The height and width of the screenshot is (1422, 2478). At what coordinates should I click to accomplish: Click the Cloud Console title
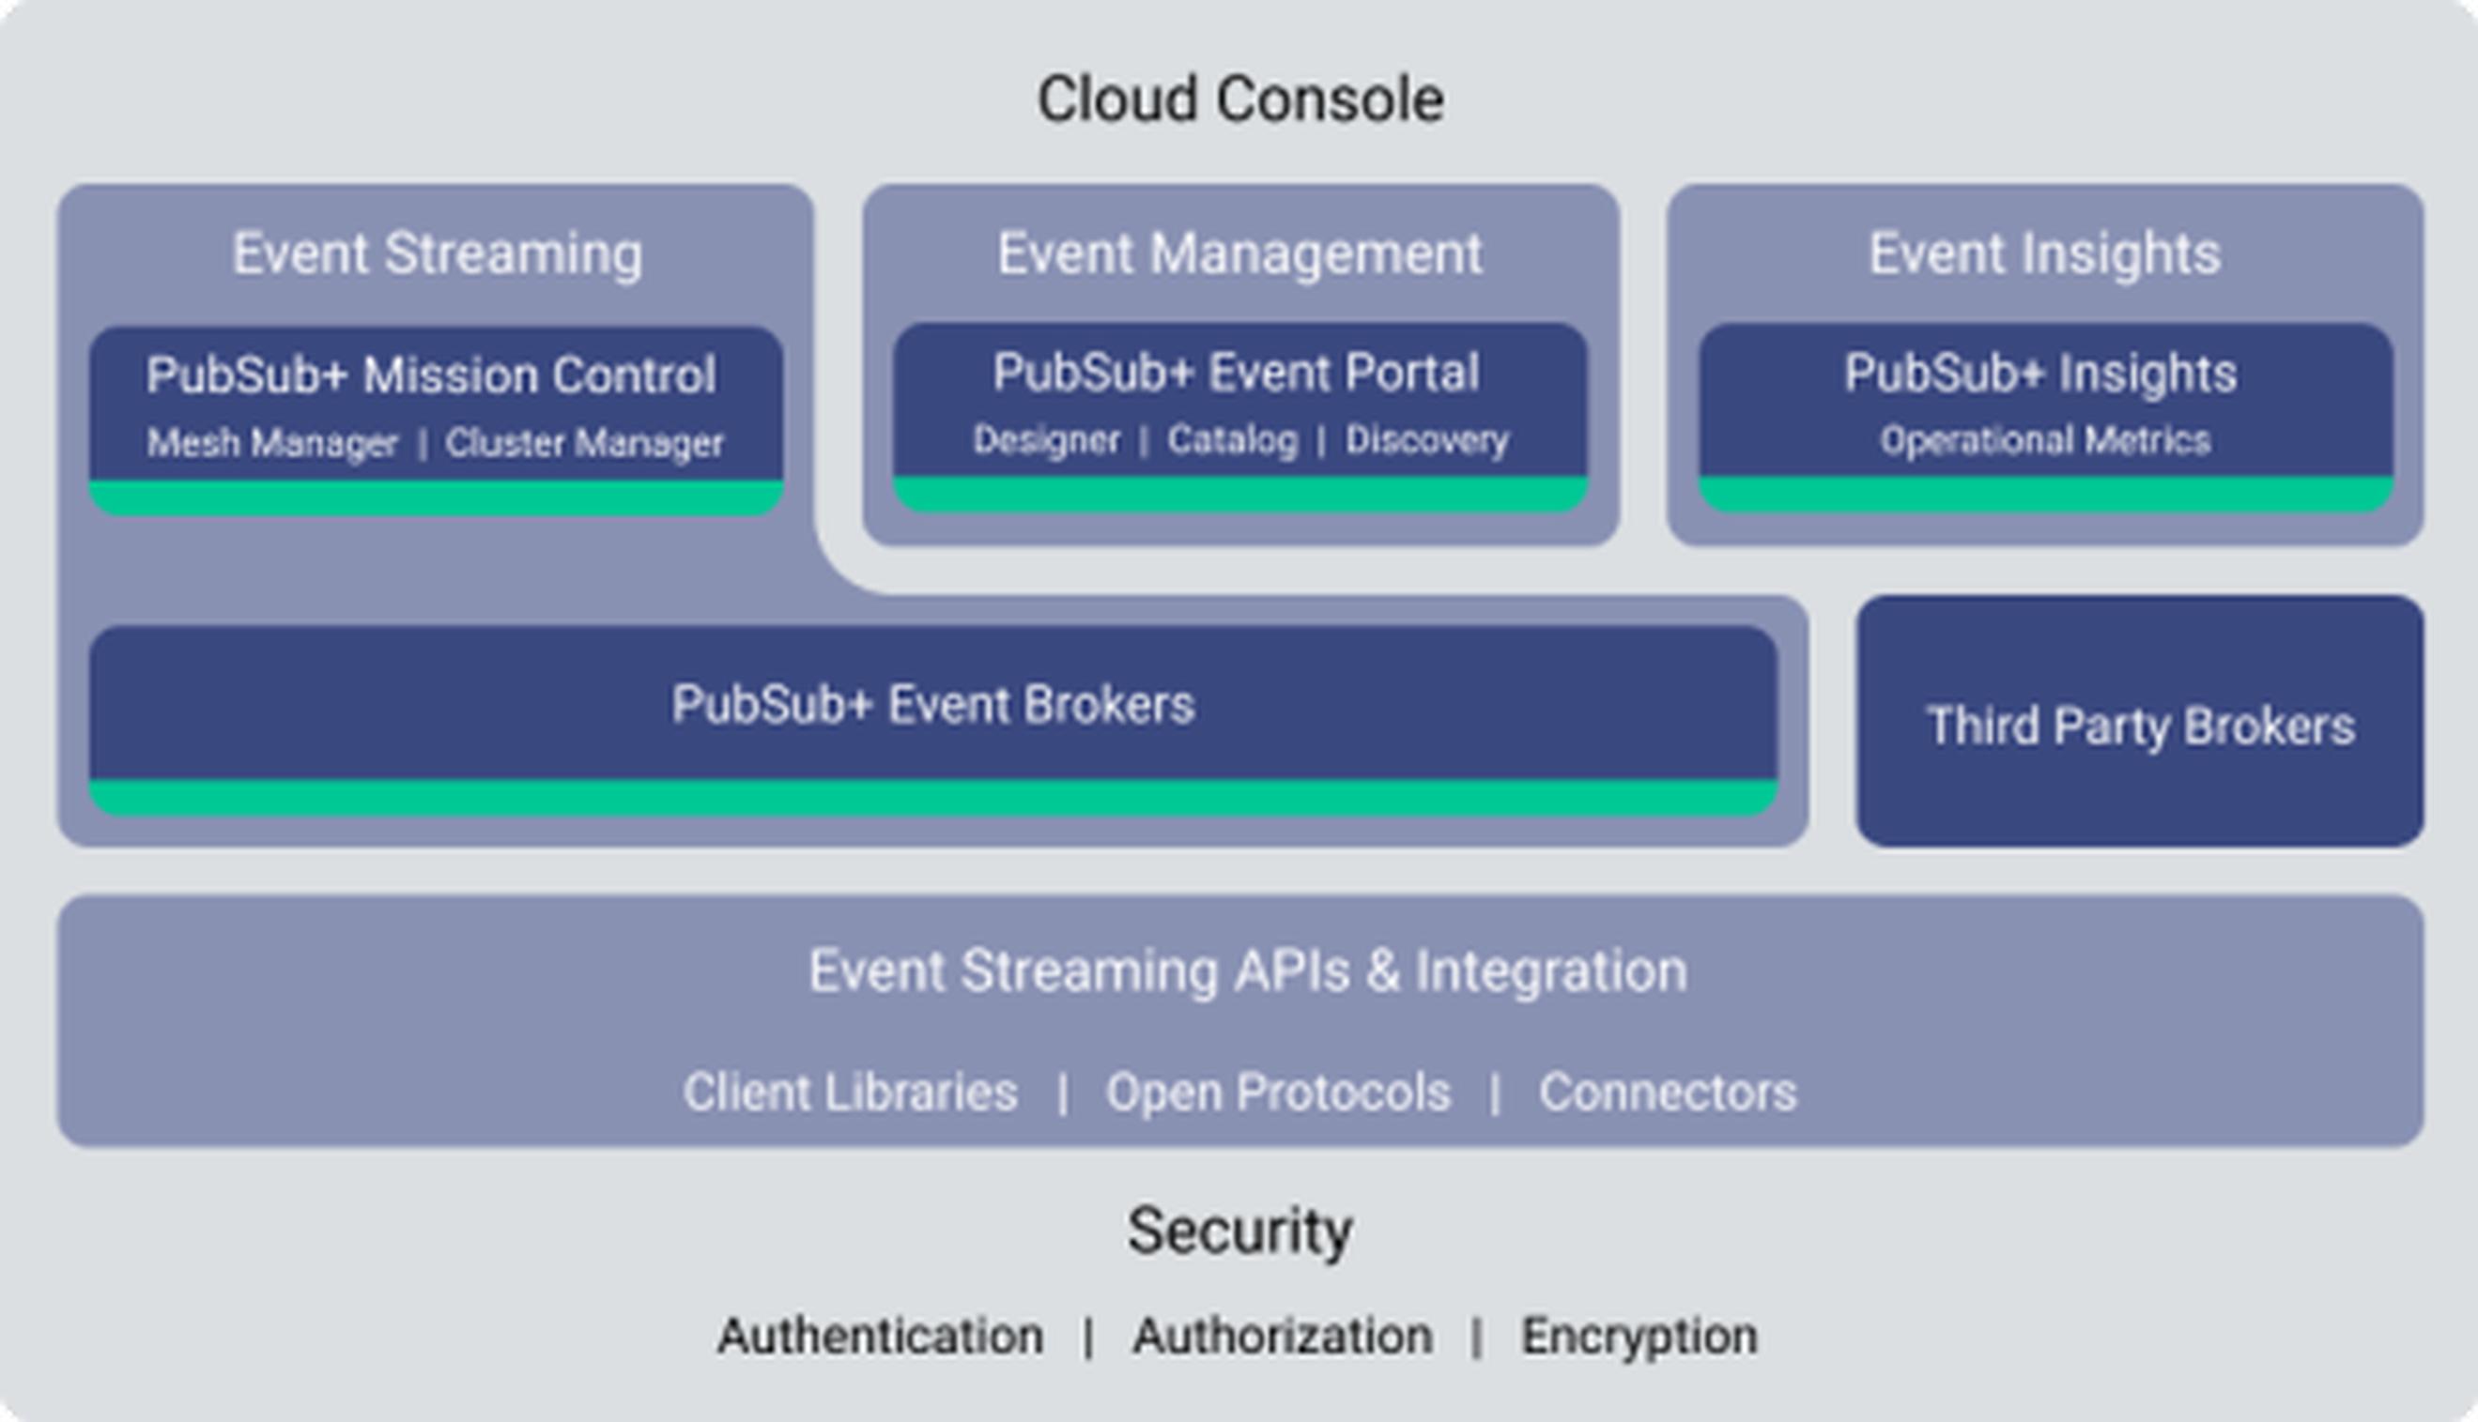pyautogui.click(x=1239, y=99)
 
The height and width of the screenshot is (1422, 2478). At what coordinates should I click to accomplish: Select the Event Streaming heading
pyautogui.click(x=438, y=254)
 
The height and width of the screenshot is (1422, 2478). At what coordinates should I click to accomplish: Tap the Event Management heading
pyautogui.click(x=1240, y=254)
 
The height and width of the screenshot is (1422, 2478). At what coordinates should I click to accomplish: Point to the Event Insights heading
pyautogui.click(x=2045, y=254)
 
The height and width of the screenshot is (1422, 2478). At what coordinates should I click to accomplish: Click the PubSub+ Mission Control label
pyautogui.click(x=431, y=375)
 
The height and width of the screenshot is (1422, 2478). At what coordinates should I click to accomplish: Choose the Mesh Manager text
pyautogui.click(x=272, y=443)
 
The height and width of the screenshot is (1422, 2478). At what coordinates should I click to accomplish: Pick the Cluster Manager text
pyautogui.click(x=584, y=443)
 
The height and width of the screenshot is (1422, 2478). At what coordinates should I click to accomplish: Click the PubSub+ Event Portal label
pyautogui.click(x=1237, y=372)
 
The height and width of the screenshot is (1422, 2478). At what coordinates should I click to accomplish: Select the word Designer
pyautogui.click(x=1046, y=440)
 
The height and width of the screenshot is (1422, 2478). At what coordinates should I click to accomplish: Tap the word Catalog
pyautogui.click(x=1233, y=440)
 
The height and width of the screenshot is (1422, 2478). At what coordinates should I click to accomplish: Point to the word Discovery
pyautogui.click(x=1427, y=440)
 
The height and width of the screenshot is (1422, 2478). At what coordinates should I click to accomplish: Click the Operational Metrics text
pyautogui.click(x=2045, y=440)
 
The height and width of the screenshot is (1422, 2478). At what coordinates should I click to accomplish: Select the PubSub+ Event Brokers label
pyautogui.click(x=932, y=704)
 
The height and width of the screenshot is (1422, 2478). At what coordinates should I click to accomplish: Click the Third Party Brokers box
pyautogui.click(x=2140, y=721)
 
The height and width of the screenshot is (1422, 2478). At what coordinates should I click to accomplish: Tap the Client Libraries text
pyautogui.click(x=851, y=1092)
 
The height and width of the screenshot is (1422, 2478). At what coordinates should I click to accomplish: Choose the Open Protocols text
pyautogui.click(x=1278, y=1092)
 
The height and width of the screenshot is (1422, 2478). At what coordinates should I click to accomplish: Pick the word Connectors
pyautogui.click(x=1669, y=1092)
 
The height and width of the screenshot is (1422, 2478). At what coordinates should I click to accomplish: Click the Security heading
pyautogui.click(x=1240, y=1231)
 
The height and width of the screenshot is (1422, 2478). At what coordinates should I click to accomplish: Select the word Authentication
pyautogui.click(x=880, y=1336)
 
